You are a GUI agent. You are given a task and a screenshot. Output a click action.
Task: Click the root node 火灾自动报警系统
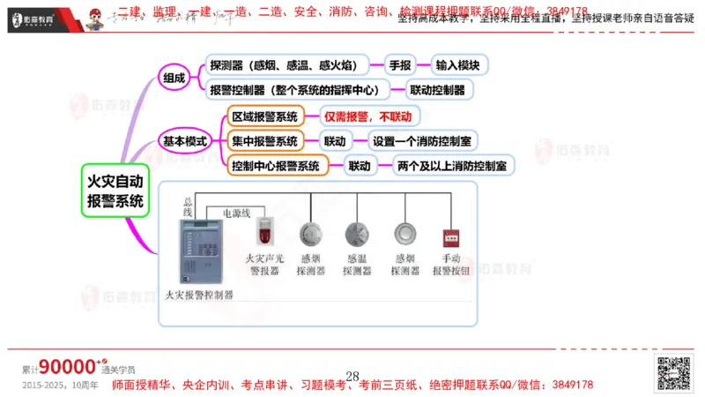click(x=115, y=191)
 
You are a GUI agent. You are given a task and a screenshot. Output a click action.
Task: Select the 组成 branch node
click(x=174, y=78)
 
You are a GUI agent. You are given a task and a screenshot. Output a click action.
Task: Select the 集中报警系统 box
click(x=264, y=141)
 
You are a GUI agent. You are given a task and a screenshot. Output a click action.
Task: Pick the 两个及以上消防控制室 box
click(x=450, y=165)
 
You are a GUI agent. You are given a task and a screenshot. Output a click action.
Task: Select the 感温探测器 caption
click(x=356, y=265)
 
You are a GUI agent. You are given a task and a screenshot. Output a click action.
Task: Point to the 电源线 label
click(x=236, y=213)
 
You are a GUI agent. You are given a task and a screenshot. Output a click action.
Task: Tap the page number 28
click(x=352, y=377)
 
